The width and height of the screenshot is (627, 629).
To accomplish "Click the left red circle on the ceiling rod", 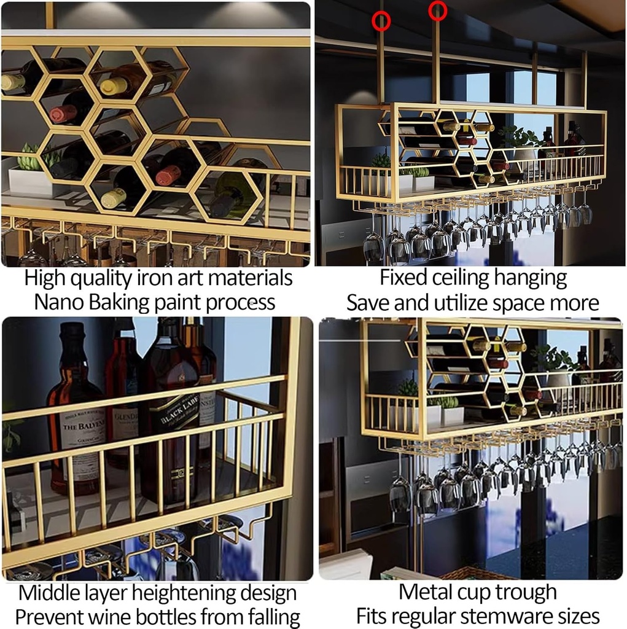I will click(x=381, y=21).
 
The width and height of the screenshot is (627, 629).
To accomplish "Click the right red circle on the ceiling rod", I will click(x=437, y=10).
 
